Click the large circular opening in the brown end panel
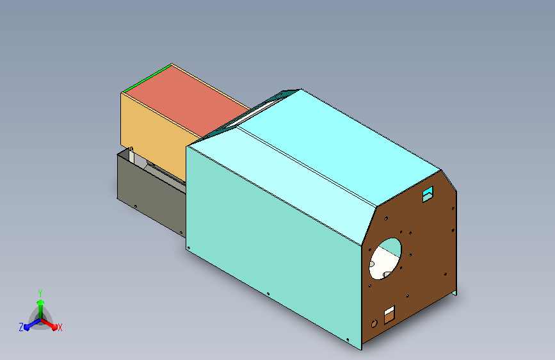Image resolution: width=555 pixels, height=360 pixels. tap(385, 259)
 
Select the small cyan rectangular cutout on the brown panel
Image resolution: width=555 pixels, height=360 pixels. tap(428, 194)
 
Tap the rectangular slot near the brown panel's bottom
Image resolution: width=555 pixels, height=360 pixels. tap(389, 315)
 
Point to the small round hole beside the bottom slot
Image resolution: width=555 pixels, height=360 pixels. tap(374, 323)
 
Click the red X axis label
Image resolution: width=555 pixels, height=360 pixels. tap(60, 327)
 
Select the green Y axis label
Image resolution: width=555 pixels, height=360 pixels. tap(40, 293)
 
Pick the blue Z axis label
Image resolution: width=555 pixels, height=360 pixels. tap(21, 327)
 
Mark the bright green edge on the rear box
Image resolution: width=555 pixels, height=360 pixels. tap(146, 79)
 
